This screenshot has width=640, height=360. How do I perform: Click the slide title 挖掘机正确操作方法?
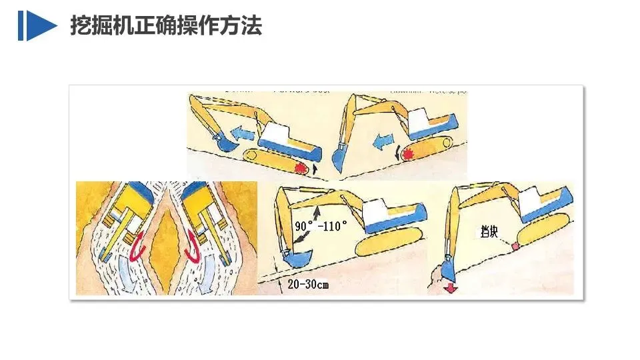(165, 26)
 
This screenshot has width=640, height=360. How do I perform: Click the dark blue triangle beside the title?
(40, 26)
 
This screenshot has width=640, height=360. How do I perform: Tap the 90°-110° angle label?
(321, 226)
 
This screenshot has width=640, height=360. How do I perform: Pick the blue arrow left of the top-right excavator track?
(381, 141)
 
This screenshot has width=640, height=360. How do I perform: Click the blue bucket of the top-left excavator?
(227, 143)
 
